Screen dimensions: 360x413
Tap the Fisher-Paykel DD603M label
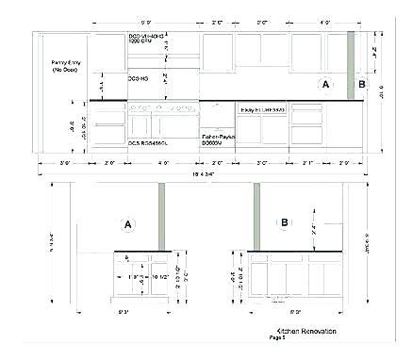(x=218, y=139)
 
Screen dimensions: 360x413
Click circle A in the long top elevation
(x=326, y=85)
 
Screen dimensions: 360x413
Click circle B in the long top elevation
(x=359, y=84)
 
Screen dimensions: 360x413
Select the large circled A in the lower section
(x=125, y=224)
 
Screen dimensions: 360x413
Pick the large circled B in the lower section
(x=284, y=223)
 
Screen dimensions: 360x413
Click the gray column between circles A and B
(x=349, y=64)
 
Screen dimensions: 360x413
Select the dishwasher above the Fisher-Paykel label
(x=218, y=118)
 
